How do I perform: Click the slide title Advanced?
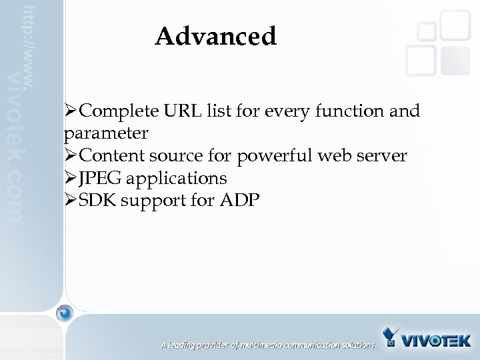pos(215,37)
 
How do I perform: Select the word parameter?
pos(106,133)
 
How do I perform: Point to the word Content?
pos(113,156)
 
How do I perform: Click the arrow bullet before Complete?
pos(71,111)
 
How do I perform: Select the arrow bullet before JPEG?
pos(71,179)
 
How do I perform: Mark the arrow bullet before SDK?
pos(71,201)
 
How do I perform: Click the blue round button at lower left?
pos(65,312)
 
